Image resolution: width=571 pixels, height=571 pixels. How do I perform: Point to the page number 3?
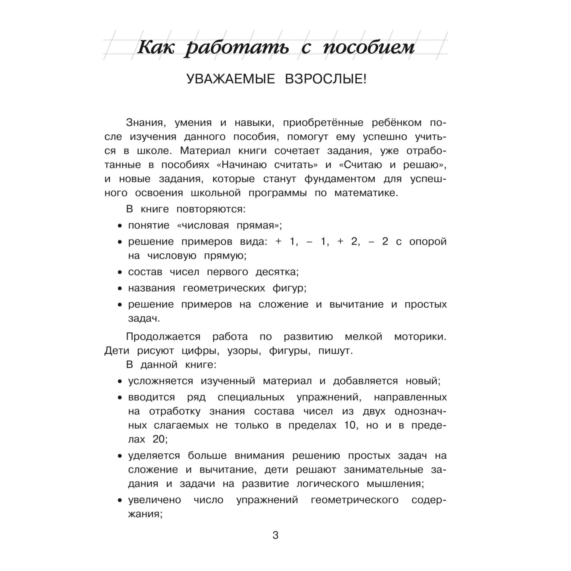click(x=276, y=536)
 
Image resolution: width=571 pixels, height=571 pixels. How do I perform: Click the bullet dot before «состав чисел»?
click(x=120, y=273)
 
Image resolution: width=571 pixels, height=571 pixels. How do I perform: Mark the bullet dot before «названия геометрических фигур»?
click(x=120, y=289)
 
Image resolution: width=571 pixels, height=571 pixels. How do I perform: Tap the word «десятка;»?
click(x=277, y=272)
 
